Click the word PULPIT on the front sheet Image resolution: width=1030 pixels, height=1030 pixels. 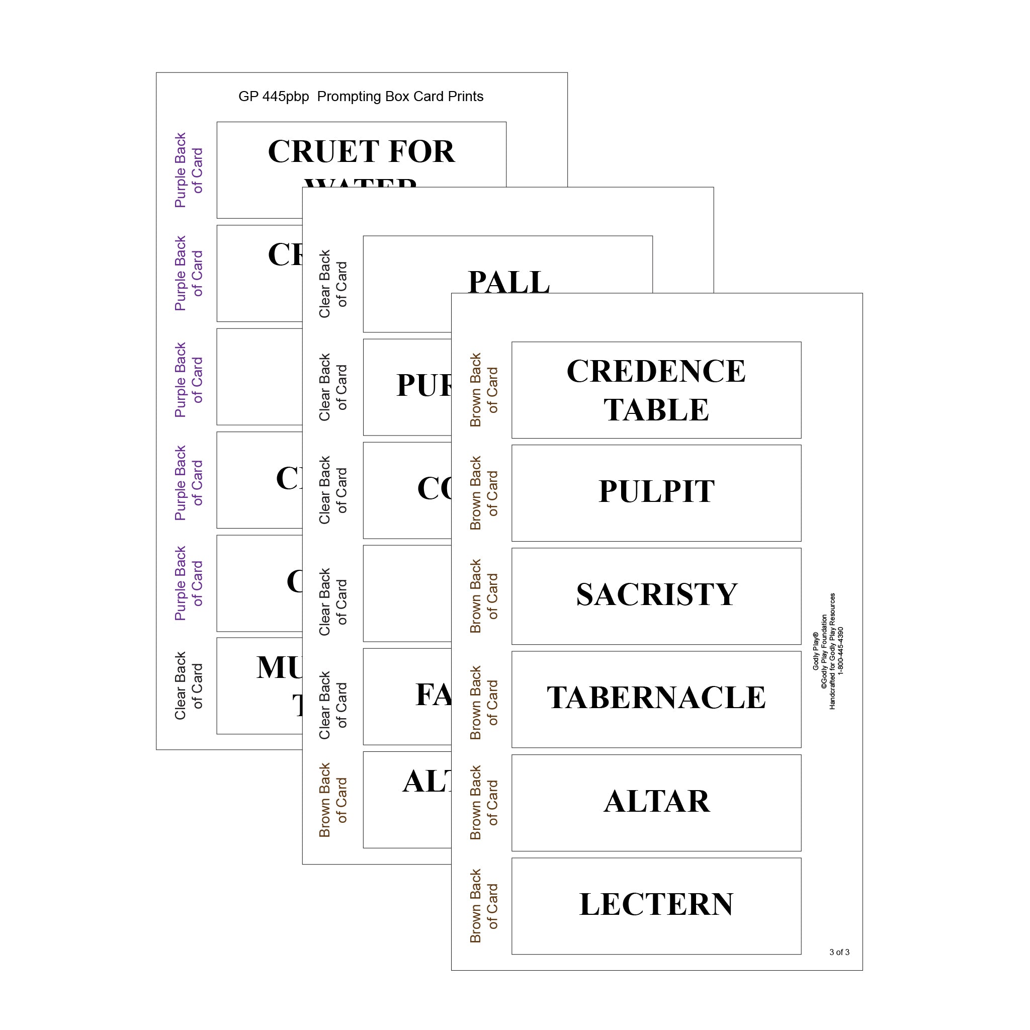(656, 491)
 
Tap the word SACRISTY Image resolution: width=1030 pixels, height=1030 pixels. (656, 594)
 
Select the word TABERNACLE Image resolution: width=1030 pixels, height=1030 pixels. (656, 698)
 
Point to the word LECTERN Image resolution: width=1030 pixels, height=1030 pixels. (656, 905)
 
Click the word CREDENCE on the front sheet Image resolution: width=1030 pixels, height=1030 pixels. (656, 371)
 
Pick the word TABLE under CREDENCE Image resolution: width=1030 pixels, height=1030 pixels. (656, 410)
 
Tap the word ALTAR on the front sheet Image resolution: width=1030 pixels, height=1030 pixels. (656, 801)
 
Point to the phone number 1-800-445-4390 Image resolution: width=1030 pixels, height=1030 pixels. (841, 651)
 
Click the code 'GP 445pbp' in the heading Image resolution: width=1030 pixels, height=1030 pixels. (274, 97)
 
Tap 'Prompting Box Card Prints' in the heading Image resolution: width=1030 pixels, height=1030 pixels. (400, 97)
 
